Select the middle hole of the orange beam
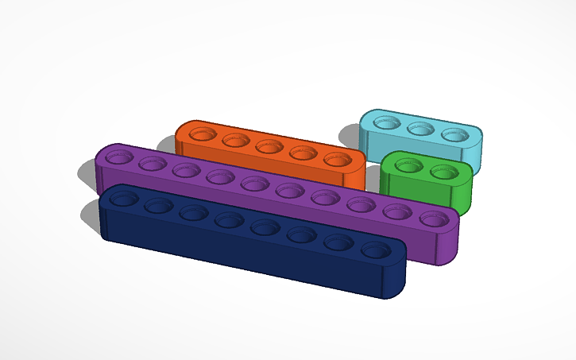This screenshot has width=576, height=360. click(269, 146)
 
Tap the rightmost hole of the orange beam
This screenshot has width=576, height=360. click(337, 159)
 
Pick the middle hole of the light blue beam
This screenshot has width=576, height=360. click(420, 129)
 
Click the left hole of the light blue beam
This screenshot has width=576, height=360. click(387, 122)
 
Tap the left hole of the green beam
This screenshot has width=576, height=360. click(408, 165)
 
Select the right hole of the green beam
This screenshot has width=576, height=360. click(443, 172)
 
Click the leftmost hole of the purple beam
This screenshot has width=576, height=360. click(119, 157)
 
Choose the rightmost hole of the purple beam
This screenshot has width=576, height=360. click(433, 218)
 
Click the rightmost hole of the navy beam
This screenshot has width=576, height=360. click(377, 250)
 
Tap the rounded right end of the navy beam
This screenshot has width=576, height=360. click(397, 274)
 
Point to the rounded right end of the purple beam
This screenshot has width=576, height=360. click(450, 242)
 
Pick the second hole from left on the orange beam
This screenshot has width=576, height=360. click(236, 141)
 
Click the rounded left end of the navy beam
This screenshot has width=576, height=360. click(103, 219)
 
